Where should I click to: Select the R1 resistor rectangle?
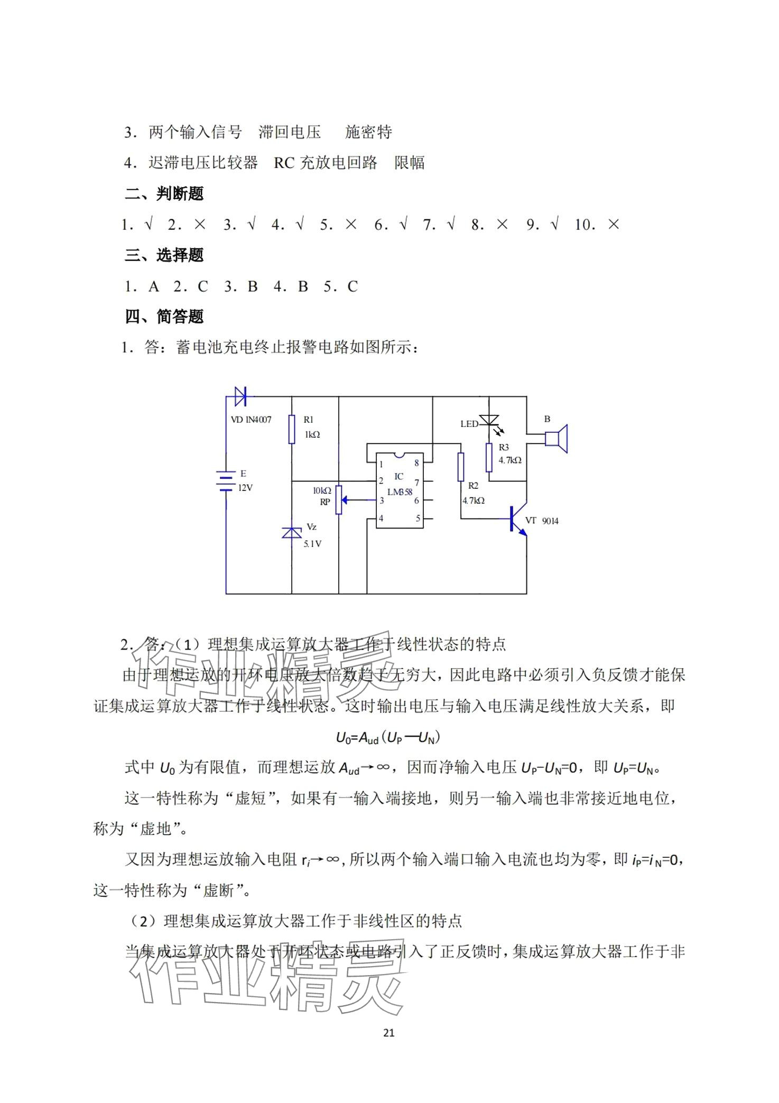click(x=292, y=429)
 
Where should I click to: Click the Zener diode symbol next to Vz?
click(x=292, y=532)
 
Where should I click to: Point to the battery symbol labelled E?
click(x=226, y=481)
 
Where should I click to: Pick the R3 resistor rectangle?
click(x=489, y=457)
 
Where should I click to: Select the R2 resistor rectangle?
click(x=461, y=467)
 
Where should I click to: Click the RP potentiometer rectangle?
click(x=339, y=499)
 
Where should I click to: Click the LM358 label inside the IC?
click(x=400, y=492)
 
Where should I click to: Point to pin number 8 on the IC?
click(x=416, y=463)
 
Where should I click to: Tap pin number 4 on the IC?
click(x=381, y=518)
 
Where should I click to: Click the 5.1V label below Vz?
click(x=312, y=544)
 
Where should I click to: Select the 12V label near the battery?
click(x=245, y=488)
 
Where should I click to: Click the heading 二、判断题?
click(x=164, y=194)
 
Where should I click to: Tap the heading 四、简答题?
click(x=164, y=317)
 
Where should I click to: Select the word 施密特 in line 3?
click(x=368, y=132)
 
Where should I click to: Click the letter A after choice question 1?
click(x=154, y=286)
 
